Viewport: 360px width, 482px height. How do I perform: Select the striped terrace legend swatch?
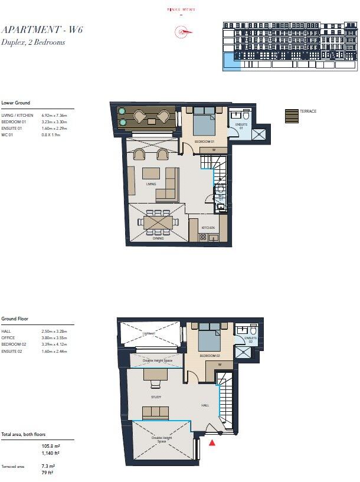coord(292,116)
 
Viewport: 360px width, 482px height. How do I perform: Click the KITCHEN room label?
coord(207,228)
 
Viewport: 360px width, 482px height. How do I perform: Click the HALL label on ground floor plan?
coord(205,405)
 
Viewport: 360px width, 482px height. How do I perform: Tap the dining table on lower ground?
coord(158,222)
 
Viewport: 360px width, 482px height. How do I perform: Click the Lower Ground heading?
coord(15,103)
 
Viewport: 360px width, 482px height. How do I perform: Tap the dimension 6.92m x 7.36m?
coord(55,115)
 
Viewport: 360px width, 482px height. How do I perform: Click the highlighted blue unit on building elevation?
coord(231,61)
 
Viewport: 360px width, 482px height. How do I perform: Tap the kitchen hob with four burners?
coord(202,237)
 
